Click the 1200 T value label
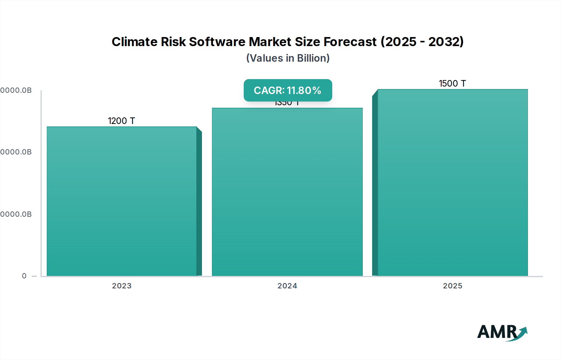pyautogui.click(x=121, y=121)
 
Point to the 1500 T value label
pyautogui.click(x=452, y=83)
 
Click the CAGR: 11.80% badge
pyautogui.click(x=288, y=90)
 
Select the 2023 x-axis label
pyautogui.click(x=122, y=286)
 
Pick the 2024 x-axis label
pyautogui.click(x=287, y=286)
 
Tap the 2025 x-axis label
pyautogui.click(x=453, y=286)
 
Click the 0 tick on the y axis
pyautogui.click(x=24, y=276)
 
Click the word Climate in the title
pyautogui.click(x=134, y=42)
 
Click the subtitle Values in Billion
pyautogui.click(x=288, y=58)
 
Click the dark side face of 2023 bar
pyautogui.click(x=199, y=202)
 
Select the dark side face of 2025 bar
pyautogui.click(x=375, y=184)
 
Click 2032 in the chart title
pyautogui.click(x=445, y=42)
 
